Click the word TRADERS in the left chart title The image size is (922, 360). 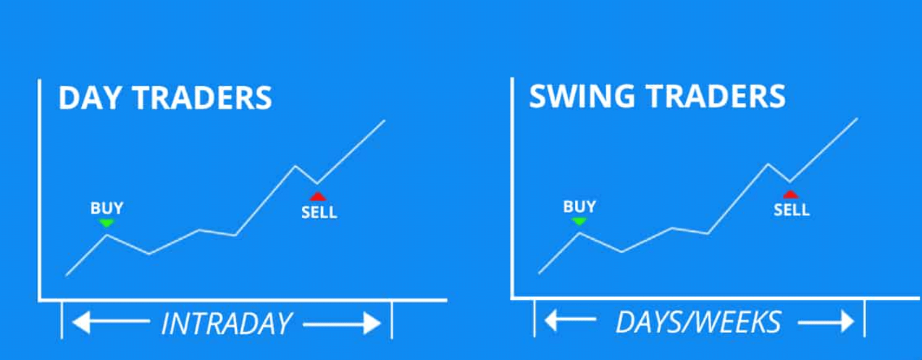pyautogui.click(x=202, y=98)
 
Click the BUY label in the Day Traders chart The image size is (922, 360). pyautogui.click(x=106, y=208)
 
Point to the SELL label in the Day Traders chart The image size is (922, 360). pyautogui.click(x=319, y=212)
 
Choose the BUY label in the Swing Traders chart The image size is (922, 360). pyautogui.click(x=579, y=206)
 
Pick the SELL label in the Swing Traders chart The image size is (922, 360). pyautogui.click(x=792, y=210)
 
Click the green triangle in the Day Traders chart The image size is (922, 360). pyautogui.click(x=106, y=223)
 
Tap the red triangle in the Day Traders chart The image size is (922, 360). pyautogui.click(x=318, y=197)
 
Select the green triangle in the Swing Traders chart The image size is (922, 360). pyautogui.click(x=579, y=222)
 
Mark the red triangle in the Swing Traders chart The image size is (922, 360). pyautogui.click(x=790, y=195)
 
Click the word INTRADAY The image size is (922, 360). pyautogui.click(x=227, y=324)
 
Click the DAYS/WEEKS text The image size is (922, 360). pyautogui.click(x=698, y=322)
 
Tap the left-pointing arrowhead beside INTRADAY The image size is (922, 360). pyautogui.click(x=81, y=322)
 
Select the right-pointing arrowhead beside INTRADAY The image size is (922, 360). pyautogui.click(x=372, y=324)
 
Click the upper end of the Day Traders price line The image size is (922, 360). pyautogui.click(x=385, y=120)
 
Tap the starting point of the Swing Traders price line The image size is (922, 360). pyautogui.click(x=540, y=273)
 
